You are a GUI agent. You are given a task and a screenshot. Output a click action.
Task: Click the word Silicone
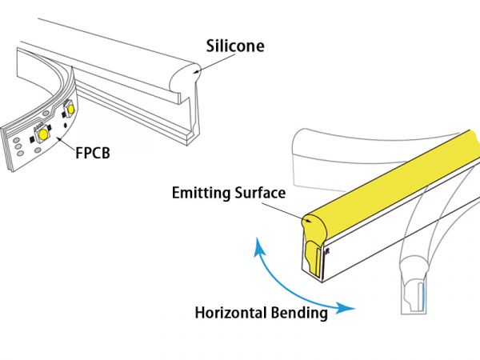coord(234,46)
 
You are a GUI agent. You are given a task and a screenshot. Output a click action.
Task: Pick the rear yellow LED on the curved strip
coord(71,107)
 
